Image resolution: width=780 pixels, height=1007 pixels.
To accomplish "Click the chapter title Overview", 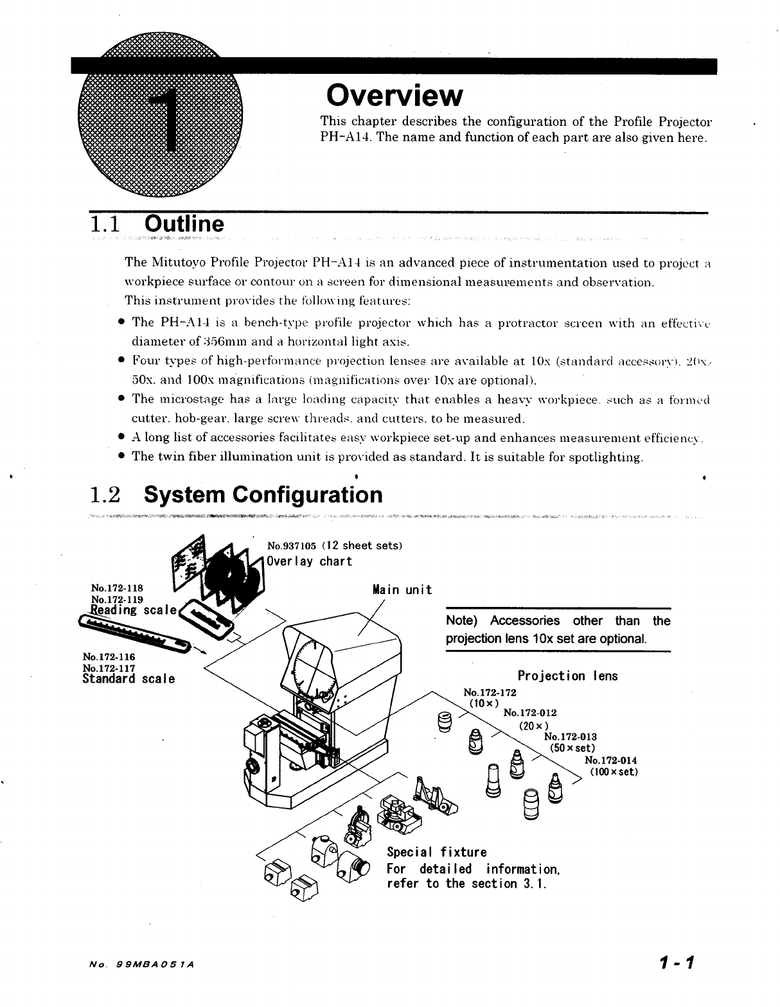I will tap(394, 96).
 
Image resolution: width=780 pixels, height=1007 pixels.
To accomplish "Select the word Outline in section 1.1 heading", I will tap(185, 224).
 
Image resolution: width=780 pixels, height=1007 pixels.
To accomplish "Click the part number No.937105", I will tap(292, 546).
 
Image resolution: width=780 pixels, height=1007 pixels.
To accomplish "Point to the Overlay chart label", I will tap(310, 561).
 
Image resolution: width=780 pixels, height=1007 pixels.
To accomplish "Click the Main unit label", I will tap(402, 590).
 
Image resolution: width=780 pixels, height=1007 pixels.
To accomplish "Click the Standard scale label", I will tap(129, 678).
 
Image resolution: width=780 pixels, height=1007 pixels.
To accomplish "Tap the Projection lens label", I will tap(567, 676).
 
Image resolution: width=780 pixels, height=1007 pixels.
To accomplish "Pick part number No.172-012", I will tap(530, 712).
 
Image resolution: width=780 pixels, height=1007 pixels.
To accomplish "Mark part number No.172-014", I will tap(611, 760).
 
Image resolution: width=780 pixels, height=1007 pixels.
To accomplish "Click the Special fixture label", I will tap(436, 852).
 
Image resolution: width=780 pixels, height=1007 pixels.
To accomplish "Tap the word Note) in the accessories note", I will tap(463, 621).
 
